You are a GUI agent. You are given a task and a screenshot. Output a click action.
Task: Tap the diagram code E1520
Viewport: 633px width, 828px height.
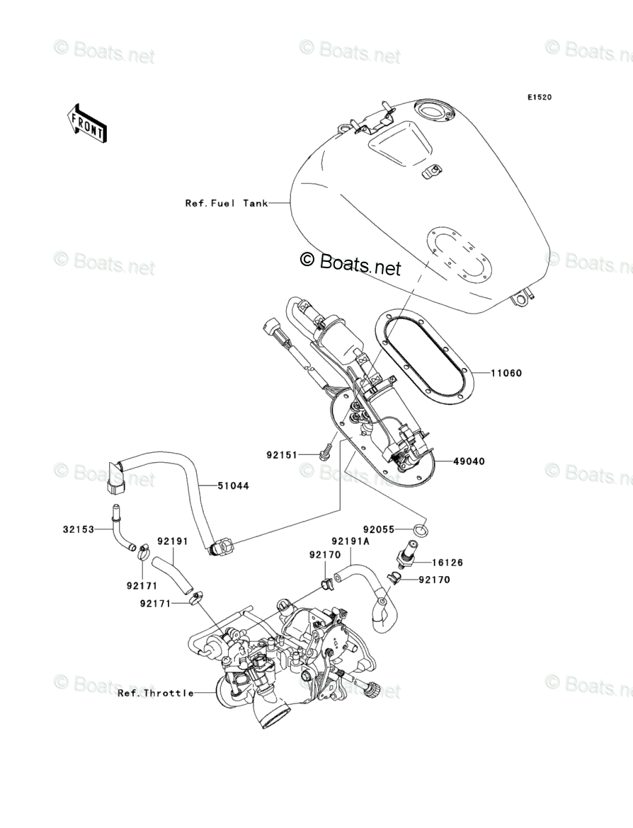coord(538,98)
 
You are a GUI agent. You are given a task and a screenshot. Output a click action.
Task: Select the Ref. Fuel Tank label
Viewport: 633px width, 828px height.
coord(227,203)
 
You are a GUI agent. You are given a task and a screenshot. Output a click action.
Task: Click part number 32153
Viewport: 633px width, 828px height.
coord(77,529)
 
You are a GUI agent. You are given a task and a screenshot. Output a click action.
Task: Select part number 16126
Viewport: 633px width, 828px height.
coord(448,563)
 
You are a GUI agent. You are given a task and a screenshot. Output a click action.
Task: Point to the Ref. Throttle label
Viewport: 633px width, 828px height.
coord(156,693)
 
